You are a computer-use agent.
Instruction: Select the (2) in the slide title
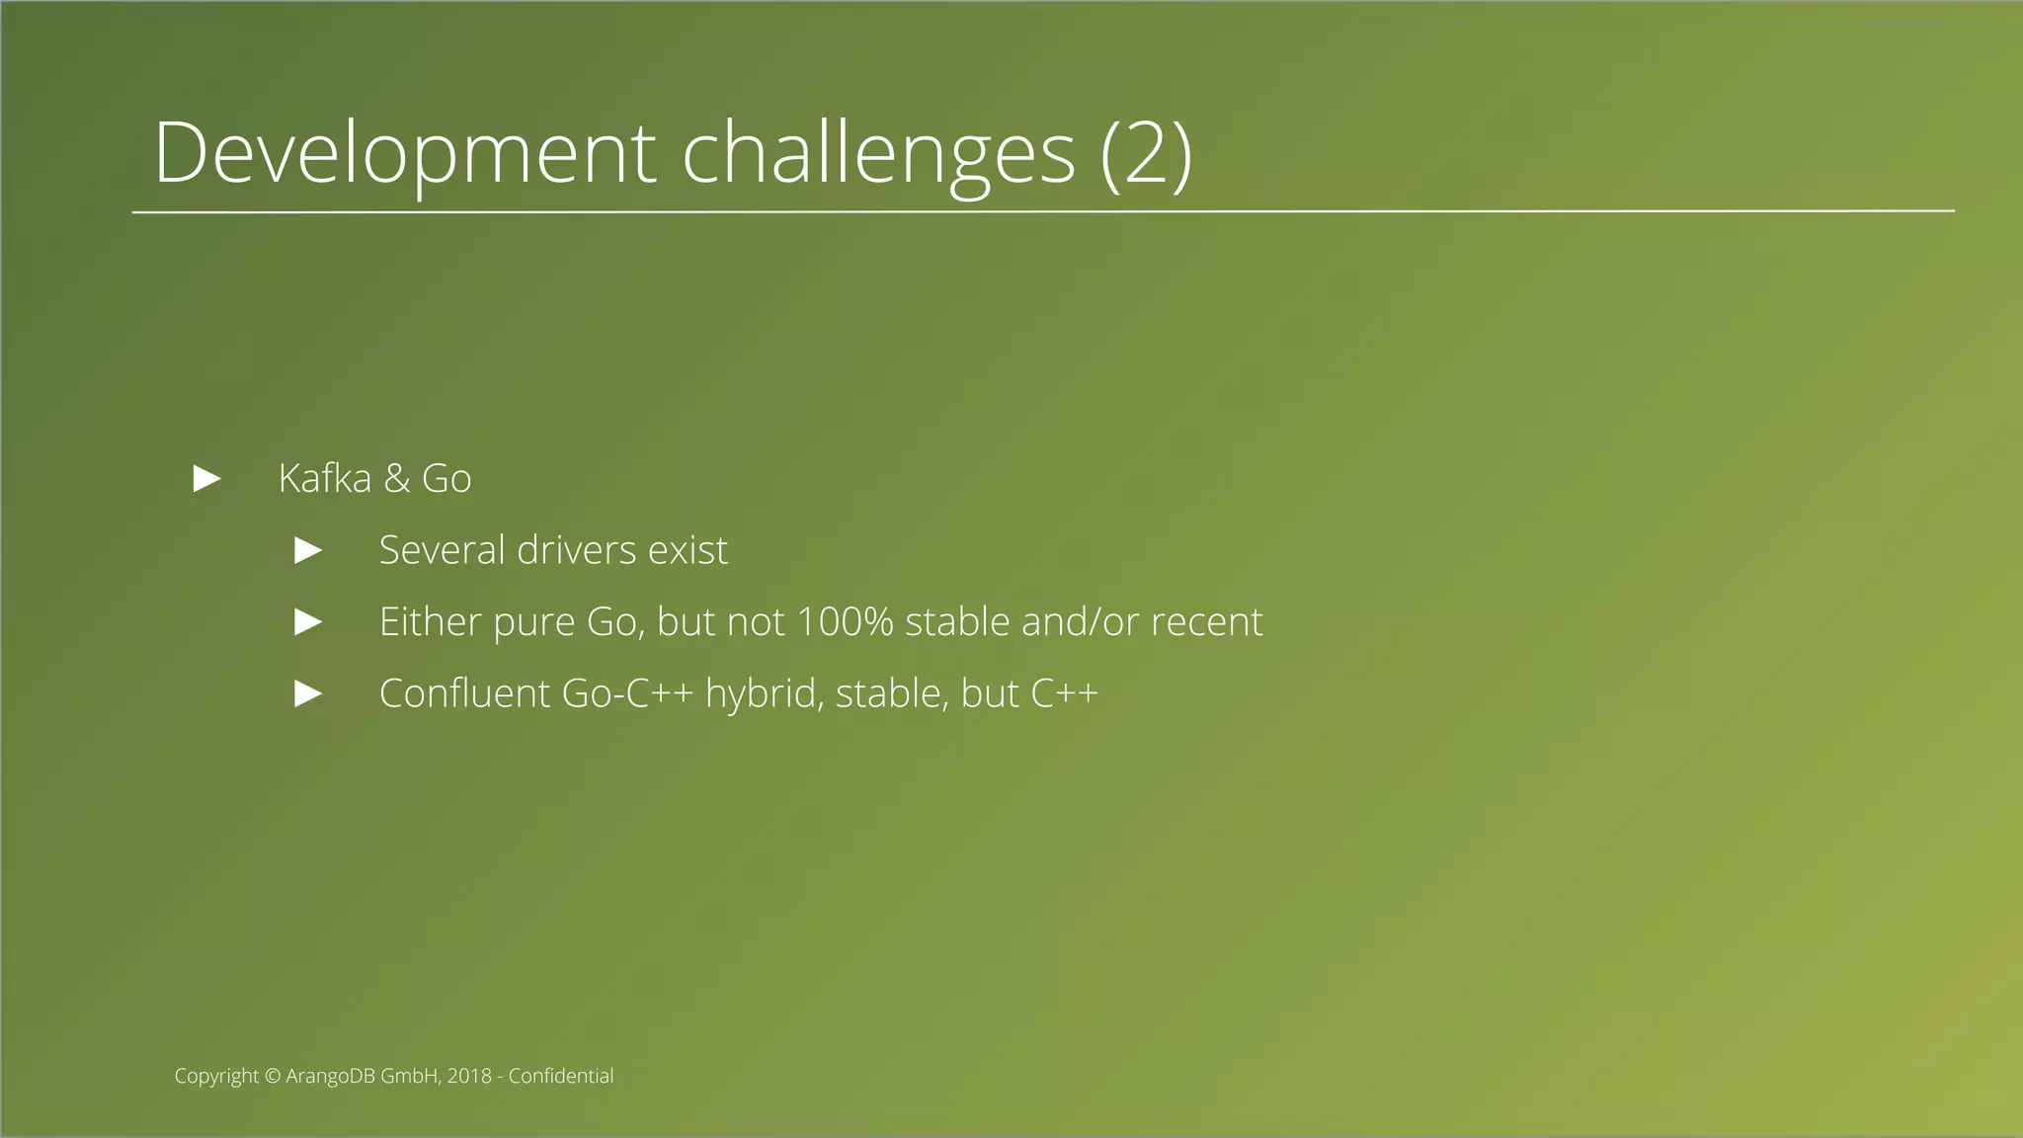coord(1146,153)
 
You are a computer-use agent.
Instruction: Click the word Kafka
coord(325,479)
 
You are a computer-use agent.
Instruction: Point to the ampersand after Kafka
coord(397,479)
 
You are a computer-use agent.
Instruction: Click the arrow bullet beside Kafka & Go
coord(207,479)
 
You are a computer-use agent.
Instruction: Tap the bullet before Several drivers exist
coord(309,551)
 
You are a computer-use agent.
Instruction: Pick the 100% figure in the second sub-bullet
coord(845,622)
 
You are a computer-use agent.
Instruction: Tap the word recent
coord(1206,622)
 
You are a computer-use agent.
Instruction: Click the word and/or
coord(1081,622)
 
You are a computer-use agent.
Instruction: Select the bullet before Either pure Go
coord(309,622)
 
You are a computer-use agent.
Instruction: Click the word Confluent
coord(464,693)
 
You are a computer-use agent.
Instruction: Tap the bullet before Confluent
coord(309,693)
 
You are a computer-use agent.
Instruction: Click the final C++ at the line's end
coord(1064,693)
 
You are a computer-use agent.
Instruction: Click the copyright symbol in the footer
coord(274,1077)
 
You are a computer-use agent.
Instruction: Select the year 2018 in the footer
coord(469,1077)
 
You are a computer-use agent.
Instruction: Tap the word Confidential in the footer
coord(561,1077)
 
